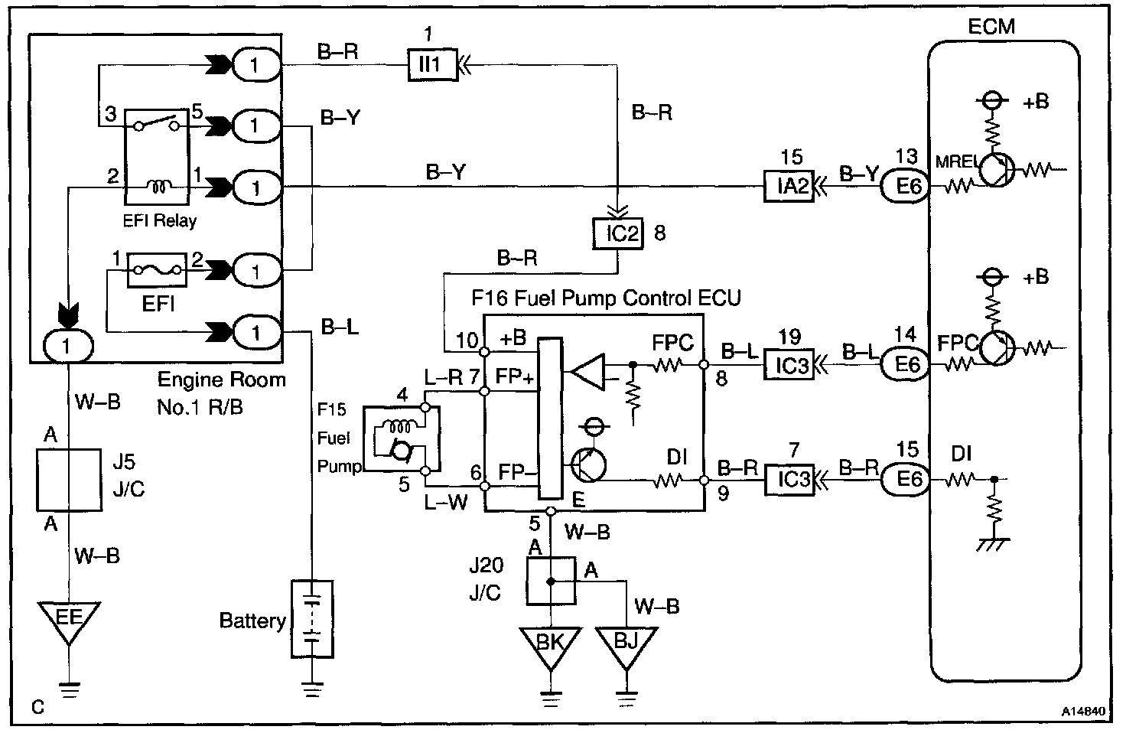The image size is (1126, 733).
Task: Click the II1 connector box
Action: pos(430,65)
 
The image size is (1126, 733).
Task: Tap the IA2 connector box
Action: pos(791,186)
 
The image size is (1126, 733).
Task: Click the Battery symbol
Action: pos(312,619)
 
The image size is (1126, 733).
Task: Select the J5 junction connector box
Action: pos(69,480)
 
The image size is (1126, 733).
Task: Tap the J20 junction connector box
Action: pos(550,581)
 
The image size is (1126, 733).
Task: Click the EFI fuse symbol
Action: pos(156,270)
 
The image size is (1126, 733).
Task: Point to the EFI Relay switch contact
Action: pos(156,124)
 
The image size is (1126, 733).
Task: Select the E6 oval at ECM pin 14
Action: pos(907,364)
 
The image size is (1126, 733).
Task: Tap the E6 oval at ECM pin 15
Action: pos(907,480)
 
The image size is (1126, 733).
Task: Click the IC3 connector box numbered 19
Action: pos(791,364)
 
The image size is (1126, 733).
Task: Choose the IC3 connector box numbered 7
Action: pos(791,480)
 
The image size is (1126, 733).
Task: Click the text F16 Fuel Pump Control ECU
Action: pos(606,297)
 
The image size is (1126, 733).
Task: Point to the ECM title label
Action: pos(991,26)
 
